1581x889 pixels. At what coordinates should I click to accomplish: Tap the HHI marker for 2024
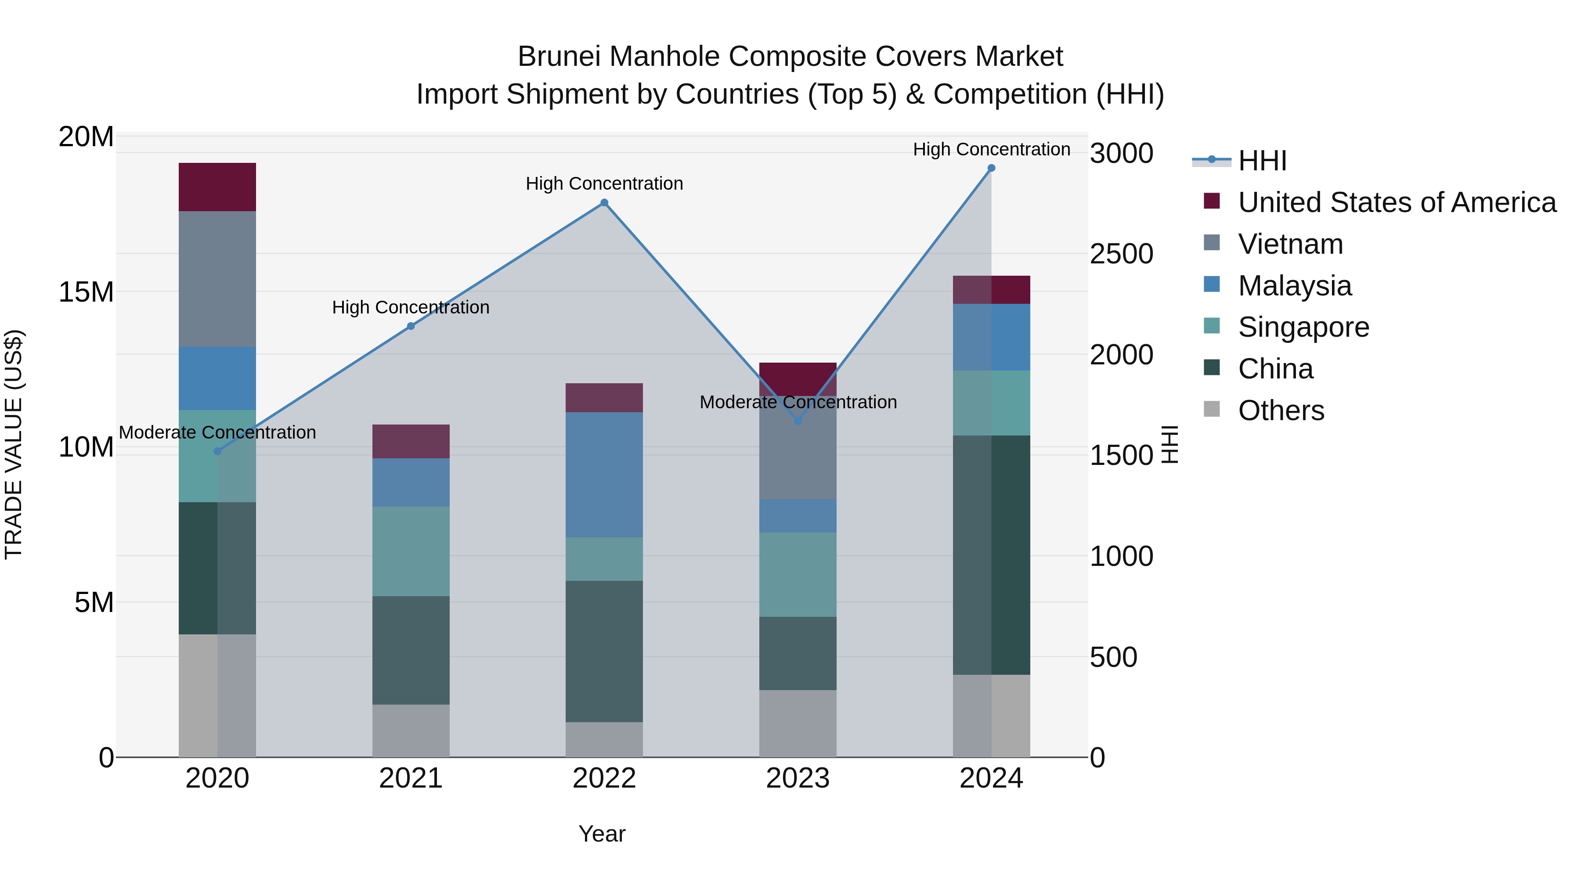pos(991,168)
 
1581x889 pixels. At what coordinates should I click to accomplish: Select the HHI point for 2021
pos(411,326)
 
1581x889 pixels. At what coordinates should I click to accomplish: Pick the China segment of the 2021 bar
pos(411,650)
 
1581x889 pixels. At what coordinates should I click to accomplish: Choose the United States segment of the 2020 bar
pos(217,187)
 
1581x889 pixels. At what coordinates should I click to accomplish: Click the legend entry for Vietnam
pos(1290,244)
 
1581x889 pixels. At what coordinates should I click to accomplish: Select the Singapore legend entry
pos(1303,327)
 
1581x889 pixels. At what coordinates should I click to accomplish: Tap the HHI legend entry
pos(1262,161)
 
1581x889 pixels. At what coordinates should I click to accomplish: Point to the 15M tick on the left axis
pos(86,292)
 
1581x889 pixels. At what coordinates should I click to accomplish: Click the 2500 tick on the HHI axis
pos(1121,254)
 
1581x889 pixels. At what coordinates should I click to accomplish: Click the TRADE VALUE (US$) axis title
pos(14,444)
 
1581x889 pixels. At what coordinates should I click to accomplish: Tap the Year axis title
pos(602,834)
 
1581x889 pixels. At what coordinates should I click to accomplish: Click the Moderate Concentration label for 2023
pos(798,403)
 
